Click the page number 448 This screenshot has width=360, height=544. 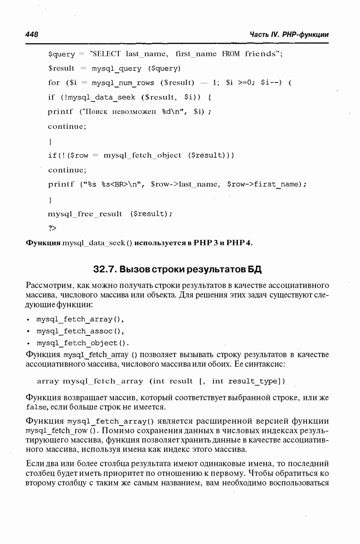point(32,35)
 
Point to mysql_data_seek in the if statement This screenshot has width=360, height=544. point(103,97)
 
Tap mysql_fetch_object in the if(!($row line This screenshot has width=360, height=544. point(142,155)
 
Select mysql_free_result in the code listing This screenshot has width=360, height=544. point(85,214)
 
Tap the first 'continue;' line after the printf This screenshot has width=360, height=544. point(67,126)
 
